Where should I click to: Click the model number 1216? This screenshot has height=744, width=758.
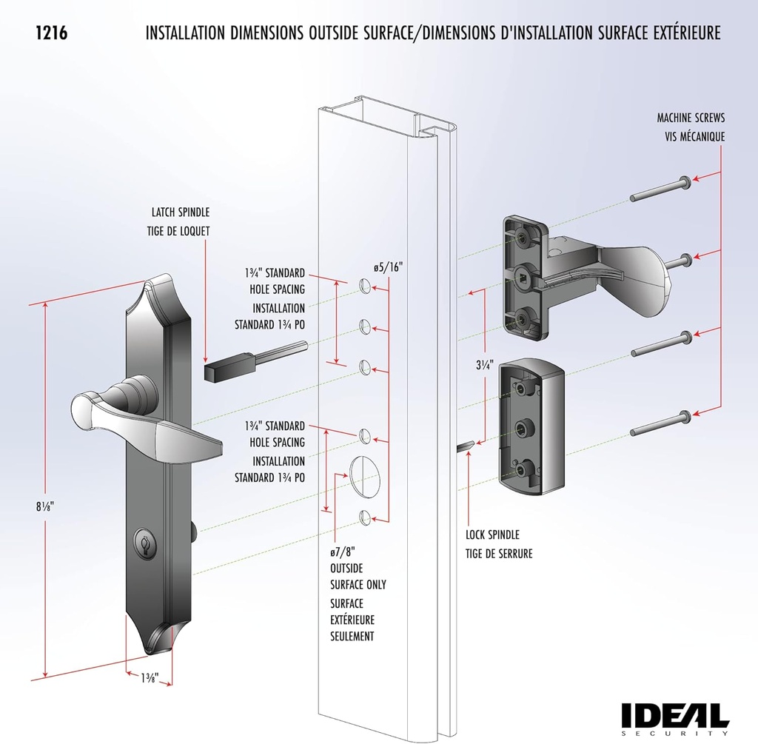coord(52,33)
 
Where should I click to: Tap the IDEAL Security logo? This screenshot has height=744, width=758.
coord(674,716)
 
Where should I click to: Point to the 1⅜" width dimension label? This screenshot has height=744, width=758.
coord(148,676)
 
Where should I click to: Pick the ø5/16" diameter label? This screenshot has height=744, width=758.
coord(387,267)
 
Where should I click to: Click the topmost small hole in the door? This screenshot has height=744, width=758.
coord(364,286)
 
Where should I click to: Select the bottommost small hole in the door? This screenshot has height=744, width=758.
coord(365,517)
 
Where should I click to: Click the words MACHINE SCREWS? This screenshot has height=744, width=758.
coord(691,118)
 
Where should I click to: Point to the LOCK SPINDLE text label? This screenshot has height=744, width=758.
coord(492,534)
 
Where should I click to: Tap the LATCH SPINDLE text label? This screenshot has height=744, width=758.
coord(178,212)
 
